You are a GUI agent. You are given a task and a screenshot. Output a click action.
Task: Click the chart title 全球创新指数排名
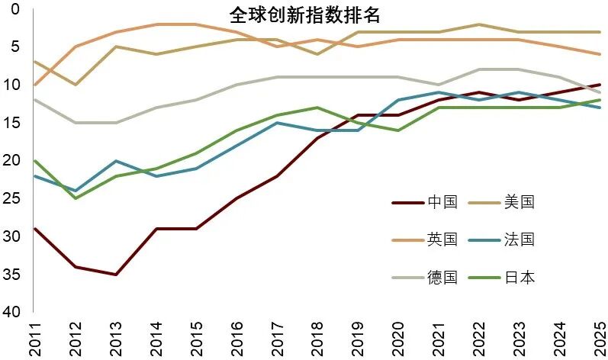pos(304,15)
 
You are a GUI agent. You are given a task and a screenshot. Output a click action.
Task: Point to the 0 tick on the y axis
pos(15,9)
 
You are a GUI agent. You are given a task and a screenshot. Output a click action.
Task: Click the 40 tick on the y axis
pos(12,312)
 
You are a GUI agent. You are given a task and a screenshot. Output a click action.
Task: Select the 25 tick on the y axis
pos(12,198)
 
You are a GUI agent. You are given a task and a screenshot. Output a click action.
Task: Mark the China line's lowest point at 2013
pos(115,274)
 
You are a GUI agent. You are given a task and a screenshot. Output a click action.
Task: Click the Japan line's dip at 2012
pos(75,198)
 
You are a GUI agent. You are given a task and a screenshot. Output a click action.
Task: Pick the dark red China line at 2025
pos(600,85)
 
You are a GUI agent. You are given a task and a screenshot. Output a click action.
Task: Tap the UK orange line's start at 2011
pos(35,85)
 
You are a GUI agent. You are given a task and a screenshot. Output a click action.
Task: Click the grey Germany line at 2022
pos(478,69)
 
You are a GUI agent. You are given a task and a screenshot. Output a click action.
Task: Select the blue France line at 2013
pos(115,161)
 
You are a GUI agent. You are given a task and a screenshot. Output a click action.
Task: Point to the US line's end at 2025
pos(600,32)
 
